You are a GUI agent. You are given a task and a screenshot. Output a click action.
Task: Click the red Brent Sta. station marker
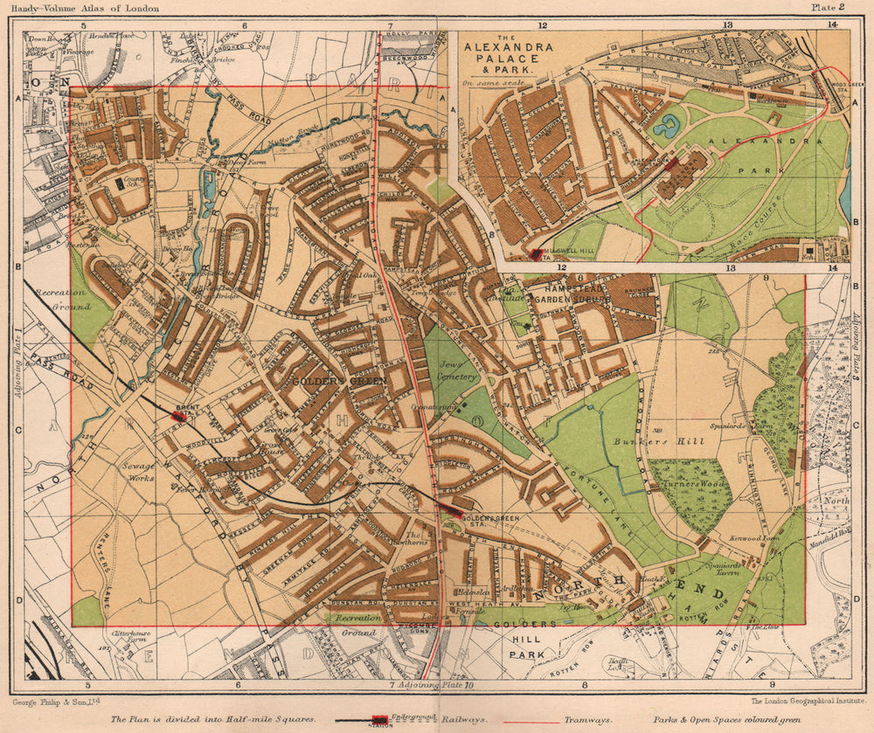pos(179,417)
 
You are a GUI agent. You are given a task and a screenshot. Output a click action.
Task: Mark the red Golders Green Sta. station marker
pos(450,509)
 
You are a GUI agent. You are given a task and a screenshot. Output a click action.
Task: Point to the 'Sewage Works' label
pos(137,472)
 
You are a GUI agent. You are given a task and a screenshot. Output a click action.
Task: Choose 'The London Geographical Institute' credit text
pos(796,700)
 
